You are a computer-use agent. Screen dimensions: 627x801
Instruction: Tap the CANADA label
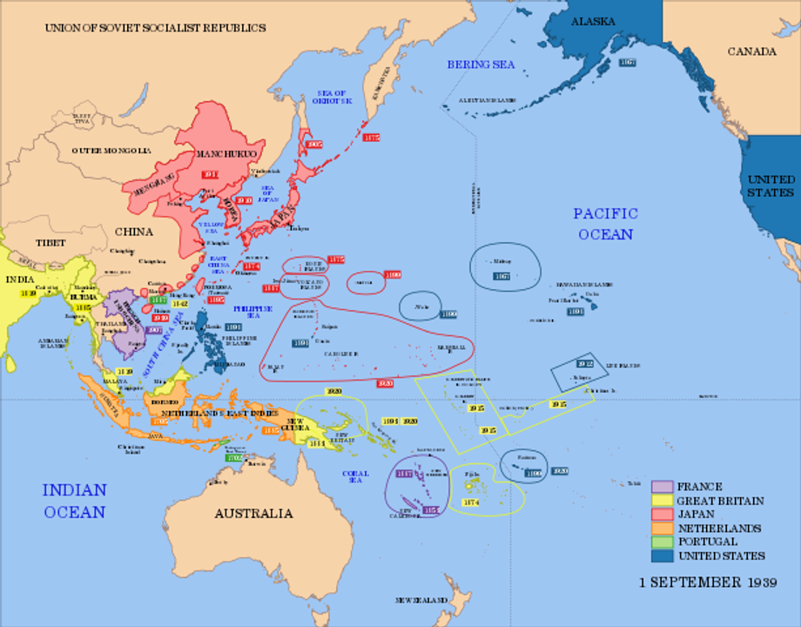tap(751, 51)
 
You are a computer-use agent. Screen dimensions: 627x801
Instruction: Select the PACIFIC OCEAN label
tap(605, 224)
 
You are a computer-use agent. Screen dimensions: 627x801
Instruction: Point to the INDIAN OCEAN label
tap(75, 501)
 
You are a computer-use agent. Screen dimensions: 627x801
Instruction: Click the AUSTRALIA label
tap(253, 513)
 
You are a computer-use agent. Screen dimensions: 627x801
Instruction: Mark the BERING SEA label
tap(481, 64)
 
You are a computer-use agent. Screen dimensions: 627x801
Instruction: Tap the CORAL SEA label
tap(354, 475)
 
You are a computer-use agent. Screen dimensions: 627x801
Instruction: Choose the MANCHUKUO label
tap(225, 154)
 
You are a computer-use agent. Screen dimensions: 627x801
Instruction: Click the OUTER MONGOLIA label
tap(111, 151)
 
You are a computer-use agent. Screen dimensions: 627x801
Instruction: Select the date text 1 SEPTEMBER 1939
tap(708, 582)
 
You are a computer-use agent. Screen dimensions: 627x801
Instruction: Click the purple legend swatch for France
tap(662, 487)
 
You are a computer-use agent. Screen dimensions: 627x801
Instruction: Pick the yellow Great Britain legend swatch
tap(662, 501)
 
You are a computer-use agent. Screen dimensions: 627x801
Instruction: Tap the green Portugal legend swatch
tap(662, 542)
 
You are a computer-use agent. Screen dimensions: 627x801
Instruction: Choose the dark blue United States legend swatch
tap(662, 556)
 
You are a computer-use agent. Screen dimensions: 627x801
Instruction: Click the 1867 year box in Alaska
tap(627, 63)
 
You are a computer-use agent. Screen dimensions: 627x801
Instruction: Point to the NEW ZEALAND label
tap(421, 601)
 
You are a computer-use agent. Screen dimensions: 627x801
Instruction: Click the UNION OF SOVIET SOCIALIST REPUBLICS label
tap(155, 28)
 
